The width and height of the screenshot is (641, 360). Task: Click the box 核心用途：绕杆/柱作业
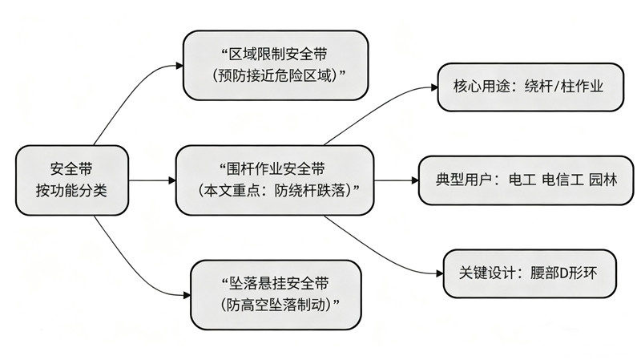530,88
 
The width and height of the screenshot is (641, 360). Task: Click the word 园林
603,180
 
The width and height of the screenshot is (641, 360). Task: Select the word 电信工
562,180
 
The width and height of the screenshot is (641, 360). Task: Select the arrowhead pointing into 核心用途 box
432,85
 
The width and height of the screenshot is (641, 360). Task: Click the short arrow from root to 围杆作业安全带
152,180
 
